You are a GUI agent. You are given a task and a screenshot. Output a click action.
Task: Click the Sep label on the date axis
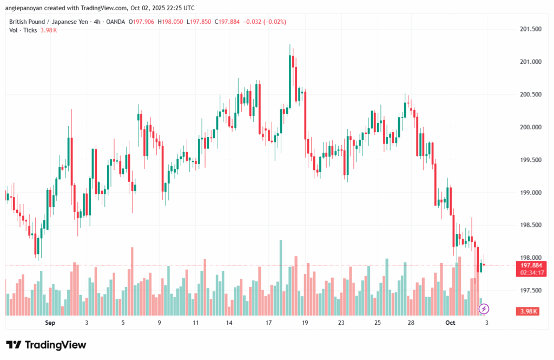(x=50, y=323)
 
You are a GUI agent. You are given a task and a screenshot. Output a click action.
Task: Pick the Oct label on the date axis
(x=451, y=323)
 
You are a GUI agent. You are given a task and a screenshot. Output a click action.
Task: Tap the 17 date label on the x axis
(x=268, y=323)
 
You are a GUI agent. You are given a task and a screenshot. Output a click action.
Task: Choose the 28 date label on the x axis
(x=411, y=323)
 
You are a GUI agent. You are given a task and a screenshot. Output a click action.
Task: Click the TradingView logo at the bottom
(x=46, y=345)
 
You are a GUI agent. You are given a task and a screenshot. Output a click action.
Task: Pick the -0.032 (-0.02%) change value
(x=265, y=22)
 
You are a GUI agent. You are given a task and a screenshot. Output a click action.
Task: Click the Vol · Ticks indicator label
(x=23, y=30)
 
